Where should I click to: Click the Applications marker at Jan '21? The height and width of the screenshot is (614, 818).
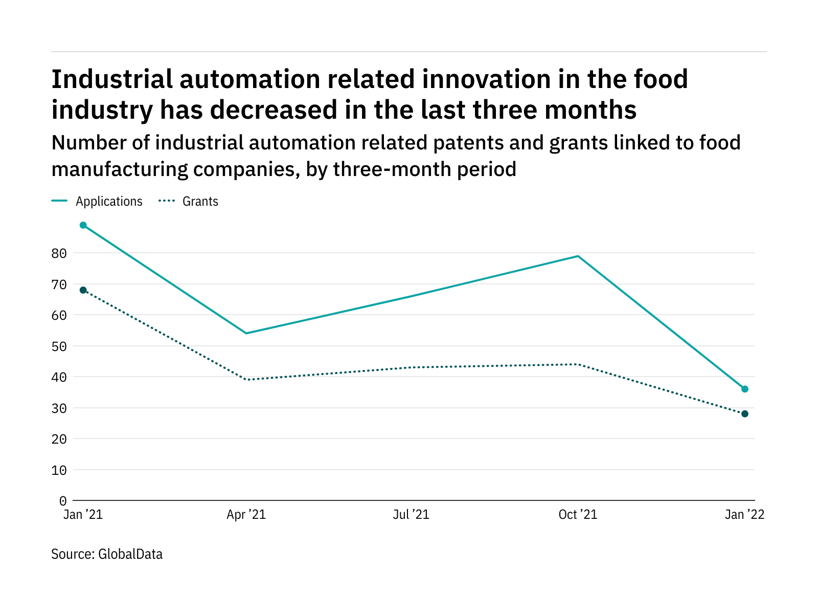point(83,225)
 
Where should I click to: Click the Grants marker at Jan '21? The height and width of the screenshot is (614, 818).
point(83,290)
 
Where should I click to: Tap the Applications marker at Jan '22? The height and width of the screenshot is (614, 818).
point(745,389)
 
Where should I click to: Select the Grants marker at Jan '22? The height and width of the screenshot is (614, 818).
point(745,414)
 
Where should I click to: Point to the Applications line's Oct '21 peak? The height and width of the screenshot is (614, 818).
point(578,256)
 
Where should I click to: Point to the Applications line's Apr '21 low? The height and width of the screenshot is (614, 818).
point(246,333)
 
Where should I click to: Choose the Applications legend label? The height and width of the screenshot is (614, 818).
point(109,202)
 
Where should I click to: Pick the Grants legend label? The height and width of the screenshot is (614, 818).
point(200,202)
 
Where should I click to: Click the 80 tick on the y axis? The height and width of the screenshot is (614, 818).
point(59,253)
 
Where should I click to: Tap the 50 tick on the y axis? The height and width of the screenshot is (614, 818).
point(59,346)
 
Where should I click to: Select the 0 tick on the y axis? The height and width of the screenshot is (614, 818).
point(63,501)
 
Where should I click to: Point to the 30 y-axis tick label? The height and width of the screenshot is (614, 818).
point(59,408)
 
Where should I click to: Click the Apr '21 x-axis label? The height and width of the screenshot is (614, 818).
point(246,515)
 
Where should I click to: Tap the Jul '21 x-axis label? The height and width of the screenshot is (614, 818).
point(411,515)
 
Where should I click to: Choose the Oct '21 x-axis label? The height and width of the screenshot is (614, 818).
point(578,515)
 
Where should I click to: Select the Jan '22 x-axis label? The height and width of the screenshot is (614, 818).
point(744,515)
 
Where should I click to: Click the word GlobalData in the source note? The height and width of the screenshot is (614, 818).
point(130,554)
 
